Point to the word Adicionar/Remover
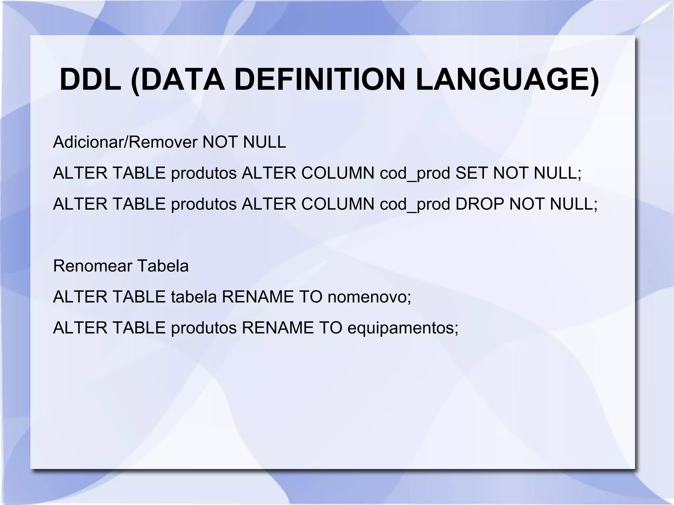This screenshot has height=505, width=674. [x=125, y=142]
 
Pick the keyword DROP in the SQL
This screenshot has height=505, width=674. [x=480, y=204]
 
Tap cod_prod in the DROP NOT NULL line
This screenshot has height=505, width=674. [x=415, y=205]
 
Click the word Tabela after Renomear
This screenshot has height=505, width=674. [x=163, y=266]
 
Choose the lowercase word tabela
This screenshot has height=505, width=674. [x=194, y=297]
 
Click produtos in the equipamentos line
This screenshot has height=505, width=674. [x=204, y=328]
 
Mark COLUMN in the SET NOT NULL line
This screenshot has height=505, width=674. [x=338, y=173]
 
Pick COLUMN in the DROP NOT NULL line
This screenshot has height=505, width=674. [x=338, y=204]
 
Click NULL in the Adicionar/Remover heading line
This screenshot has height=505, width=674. [x=264, y=142]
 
